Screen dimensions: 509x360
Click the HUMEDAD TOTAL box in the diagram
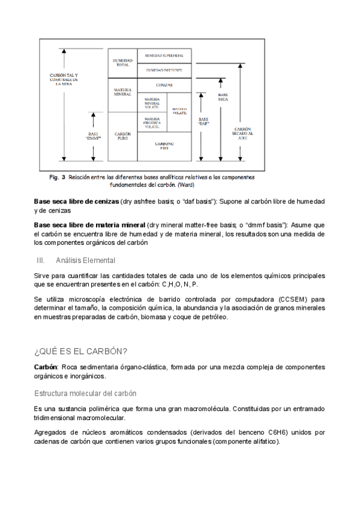(x=122, y=62)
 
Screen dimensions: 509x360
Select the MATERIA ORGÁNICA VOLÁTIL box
(x=151, y=122)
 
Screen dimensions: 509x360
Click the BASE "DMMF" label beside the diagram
(x=92, y=136)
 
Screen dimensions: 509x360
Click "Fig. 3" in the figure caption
(x=56, y=178)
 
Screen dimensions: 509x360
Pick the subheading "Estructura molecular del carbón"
(x=85, y=393)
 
